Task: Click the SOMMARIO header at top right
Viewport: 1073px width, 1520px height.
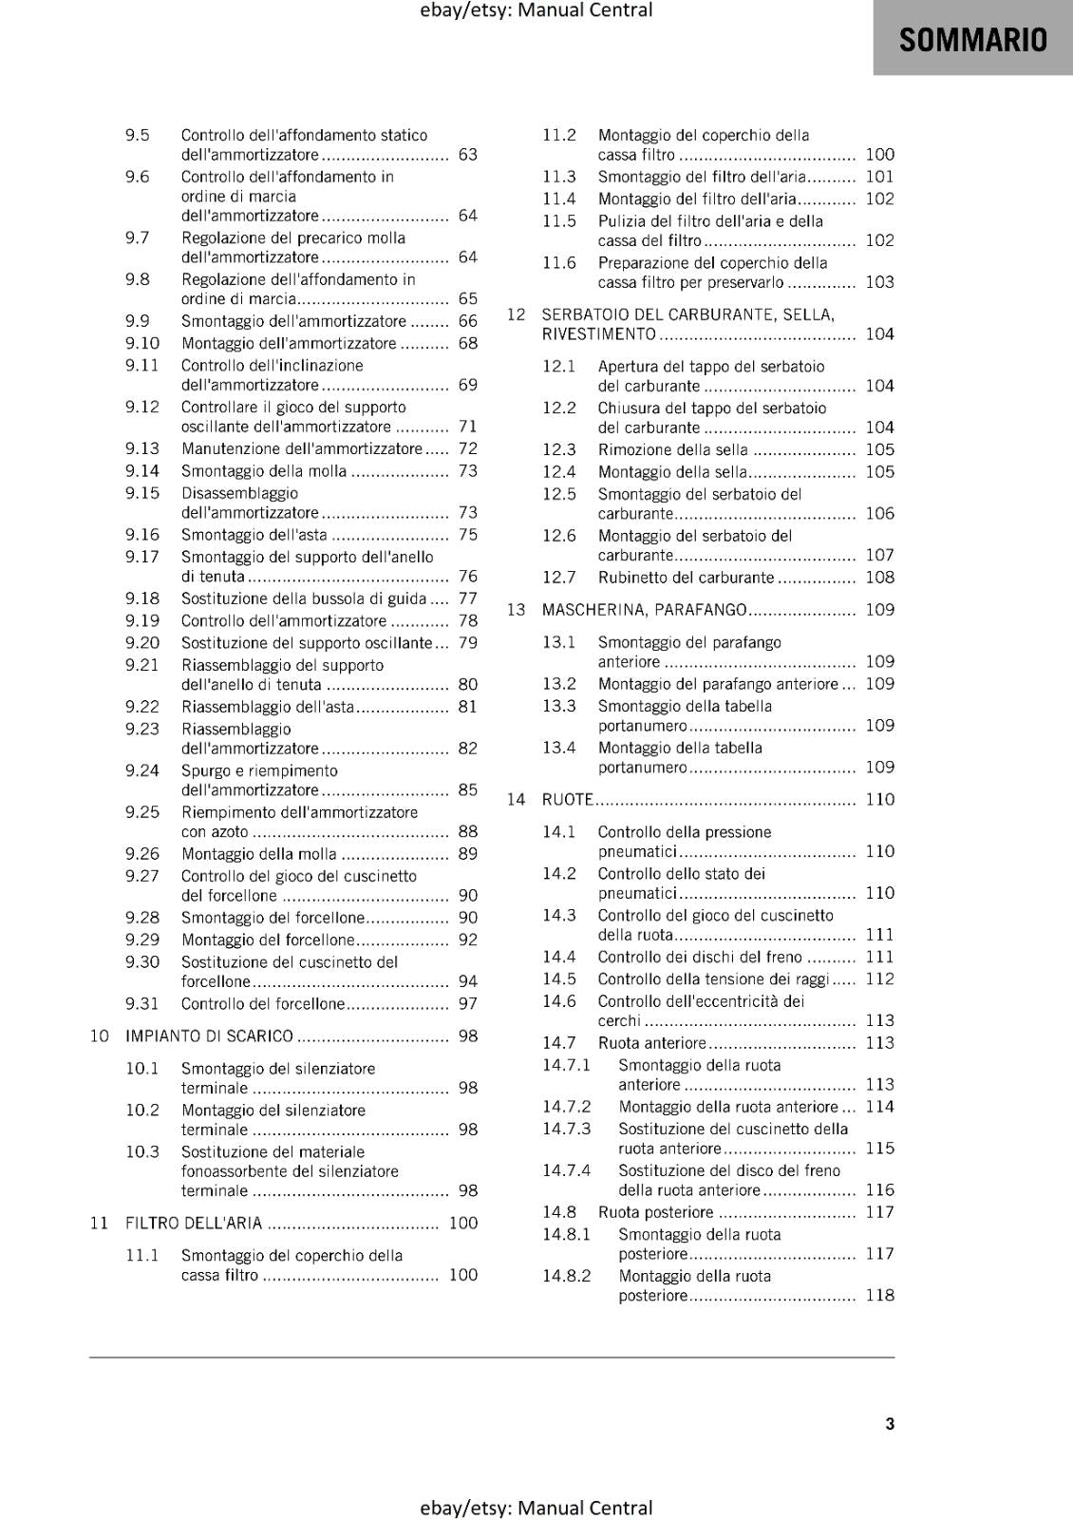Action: pos(972,40)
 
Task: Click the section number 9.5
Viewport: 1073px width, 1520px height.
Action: pos(138,135)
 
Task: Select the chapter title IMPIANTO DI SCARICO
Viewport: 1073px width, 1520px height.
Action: pos(209,1035)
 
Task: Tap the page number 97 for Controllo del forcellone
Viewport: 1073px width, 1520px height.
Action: pos(467,1003)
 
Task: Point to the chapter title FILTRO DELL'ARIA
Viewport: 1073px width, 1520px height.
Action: pos(194,1223)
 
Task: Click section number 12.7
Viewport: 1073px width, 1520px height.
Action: pos(559,577)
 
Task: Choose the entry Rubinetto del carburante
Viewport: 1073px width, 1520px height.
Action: pos(686,577)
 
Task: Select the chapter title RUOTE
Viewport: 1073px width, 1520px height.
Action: pos(567,799)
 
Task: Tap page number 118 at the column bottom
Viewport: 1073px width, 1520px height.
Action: pos(879,1295)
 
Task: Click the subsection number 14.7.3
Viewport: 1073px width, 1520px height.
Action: pos(566,1129)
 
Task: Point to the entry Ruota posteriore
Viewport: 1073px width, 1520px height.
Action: pos(655,1211)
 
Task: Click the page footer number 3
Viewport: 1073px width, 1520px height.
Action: pos(890,1423)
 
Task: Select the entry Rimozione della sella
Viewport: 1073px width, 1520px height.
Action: pos(672,449)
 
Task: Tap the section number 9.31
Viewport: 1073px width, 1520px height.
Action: pos(142,1003)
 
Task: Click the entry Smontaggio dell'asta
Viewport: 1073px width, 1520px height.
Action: pos(254,534)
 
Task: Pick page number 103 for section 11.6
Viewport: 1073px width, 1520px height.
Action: pos(879,281)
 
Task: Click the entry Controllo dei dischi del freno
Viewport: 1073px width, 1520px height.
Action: pos(699,957)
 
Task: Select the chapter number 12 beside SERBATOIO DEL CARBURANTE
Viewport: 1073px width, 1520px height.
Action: pos(516,313)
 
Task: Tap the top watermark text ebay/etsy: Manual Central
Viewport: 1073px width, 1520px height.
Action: pos(536,10)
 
